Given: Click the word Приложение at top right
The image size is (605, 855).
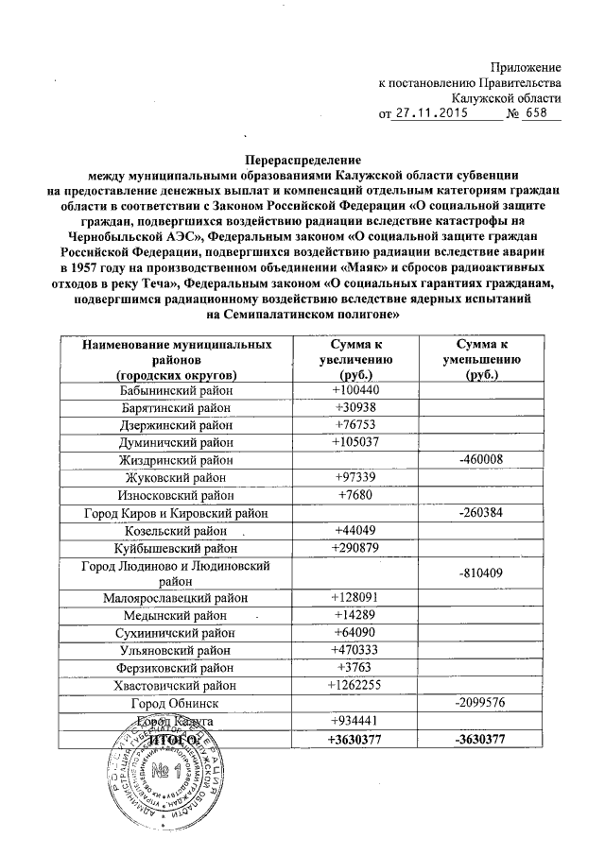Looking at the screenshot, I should (526, 66).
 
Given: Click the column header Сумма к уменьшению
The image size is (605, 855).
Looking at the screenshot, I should (491, 358).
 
